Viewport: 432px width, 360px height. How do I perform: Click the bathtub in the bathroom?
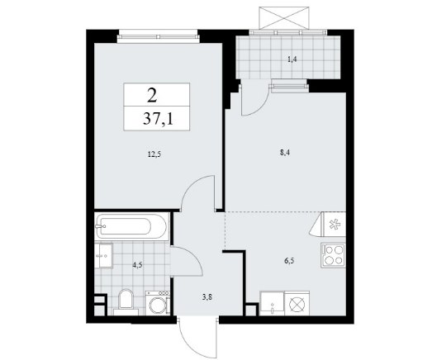click(131, 226)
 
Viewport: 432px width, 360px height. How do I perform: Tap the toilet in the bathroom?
click(126, 301)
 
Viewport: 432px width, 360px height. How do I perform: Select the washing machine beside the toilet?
click(157, 303)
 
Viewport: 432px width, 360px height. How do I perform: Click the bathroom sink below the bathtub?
click(103, 255)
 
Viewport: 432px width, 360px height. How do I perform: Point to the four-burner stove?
click(333, 255)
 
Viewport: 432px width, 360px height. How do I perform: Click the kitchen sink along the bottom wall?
click(273, 303)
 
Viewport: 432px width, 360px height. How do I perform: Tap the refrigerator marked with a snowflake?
click(334, 225)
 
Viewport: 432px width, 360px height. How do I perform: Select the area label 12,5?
click(154, 154)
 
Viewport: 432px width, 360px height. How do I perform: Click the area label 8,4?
click(285, 153)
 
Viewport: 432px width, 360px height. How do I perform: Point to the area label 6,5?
click(289, 260)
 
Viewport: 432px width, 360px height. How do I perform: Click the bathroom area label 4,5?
click(137, 265)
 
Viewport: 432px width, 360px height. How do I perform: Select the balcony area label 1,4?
click(292, 59)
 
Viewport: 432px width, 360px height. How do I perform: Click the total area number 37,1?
click(158, 120)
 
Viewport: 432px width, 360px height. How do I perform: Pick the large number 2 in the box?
click(152, 96)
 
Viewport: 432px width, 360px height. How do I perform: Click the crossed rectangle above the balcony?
click(284, 17)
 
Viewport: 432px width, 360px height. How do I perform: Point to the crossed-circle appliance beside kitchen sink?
click(297, 303)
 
